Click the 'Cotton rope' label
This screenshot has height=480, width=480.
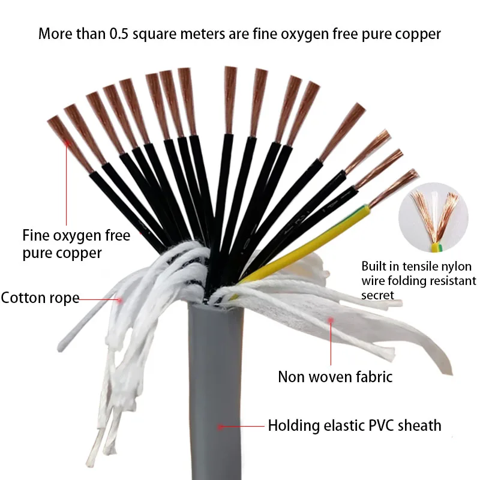pyautogui.click(x=40, y=298)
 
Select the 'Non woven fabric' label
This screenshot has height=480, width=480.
pyautogui.click(x=335, y=377)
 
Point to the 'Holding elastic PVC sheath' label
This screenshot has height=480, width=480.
pyautogui.click(x=354, y=426)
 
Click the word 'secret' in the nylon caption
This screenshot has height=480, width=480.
pyautogui.click(x=377, y=295)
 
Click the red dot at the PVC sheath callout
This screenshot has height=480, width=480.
pyautogui.click(x=220, y=427)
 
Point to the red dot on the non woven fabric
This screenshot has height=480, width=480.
pyautogui.click(x=329, y=322)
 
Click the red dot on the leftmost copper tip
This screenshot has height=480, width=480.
pyautogui.click(x=67, y=143)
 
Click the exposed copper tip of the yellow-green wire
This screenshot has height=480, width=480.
pyautogui.click(x=393, y=191)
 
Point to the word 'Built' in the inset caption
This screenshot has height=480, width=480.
pyautogui.click(x=375, y=266)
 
